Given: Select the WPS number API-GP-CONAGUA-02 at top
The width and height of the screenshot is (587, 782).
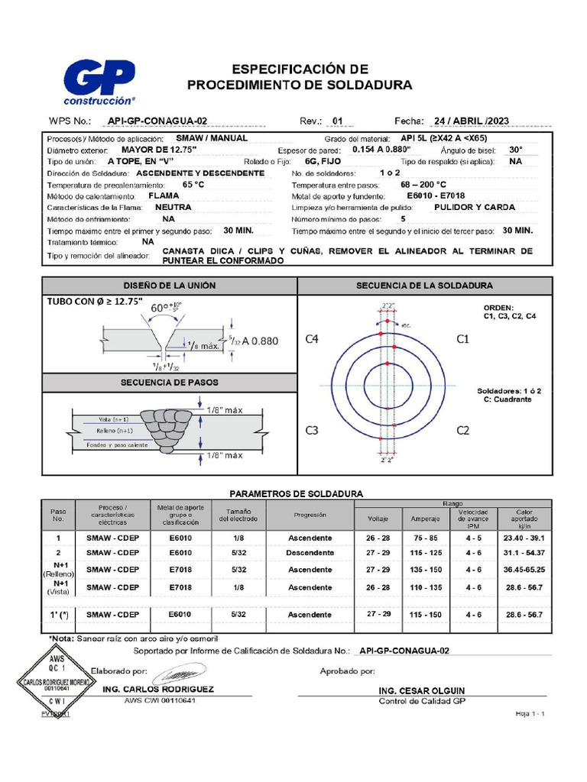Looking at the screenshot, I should coord(157,121).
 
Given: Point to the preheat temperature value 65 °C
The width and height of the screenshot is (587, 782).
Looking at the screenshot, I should coord(193,185).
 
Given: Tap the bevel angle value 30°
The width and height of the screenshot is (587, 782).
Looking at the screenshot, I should coord(516,150).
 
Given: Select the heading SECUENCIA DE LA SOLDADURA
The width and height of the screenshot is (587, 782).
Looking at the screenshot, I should coord(424,286).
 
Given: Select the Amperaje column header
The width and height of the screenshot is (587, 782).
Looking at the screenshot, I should coord(424,519).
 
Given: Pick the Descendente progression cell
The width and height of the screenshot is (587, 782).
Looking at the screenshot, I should coord(310,552).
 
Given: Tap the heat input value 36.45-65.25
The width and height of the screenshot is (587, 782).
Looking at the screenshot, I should coord(524,570).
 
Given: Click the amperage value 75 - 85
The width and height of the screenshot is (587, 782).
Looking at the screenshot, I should coord(424,538).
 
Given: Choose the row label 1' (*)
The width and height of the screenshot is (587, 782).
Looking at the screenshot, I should coord(59,614).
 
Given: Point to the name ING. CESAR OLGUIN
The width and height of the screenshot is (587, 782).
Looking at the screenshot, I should coord(421,690).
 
